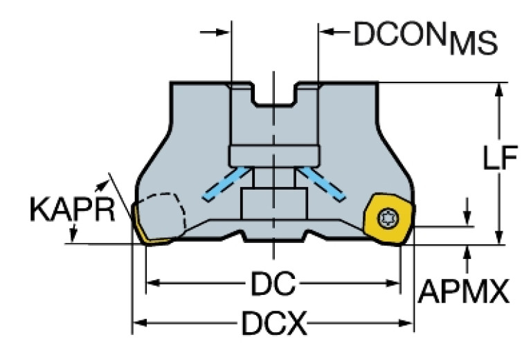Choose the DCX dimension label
tap(273, 322)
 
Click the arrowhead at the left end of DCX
tap(138, 322)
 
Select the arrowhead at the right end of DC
tap(395, 284)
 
